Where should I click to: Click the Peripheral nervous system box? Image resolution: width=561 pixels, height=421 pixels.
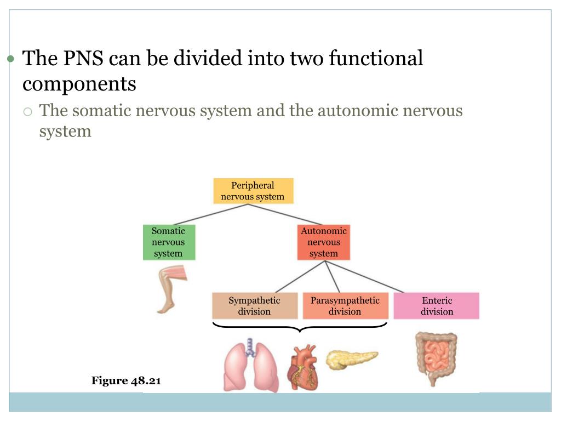coord(253,191)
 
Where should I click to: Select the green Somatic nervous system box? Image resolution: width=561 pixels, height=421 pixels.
coord(168,242)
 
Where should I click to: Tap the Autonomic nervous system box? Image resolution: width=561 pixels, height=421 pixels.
coord(323,242)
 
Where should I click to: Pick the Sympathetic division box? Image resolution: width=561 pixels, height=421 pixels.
coord(254,306)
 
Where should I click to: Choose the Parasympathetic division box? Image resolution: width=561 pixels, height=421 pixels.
coord(345,306)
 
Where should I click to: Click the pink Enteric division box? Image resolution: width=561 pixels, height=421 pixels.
coord(437,306)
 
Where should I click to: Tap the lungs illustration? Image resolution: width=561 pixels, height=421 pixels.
coord(251,365)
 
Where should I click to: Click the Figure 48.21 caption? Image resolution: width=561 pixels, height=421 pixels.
coord(126,380)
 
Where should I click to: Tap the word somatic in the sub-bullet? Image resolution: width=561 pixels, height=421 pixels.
coord(101,111)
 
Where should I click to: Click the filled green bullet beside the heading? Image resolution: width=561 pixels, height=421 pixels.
coord(10,59)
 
